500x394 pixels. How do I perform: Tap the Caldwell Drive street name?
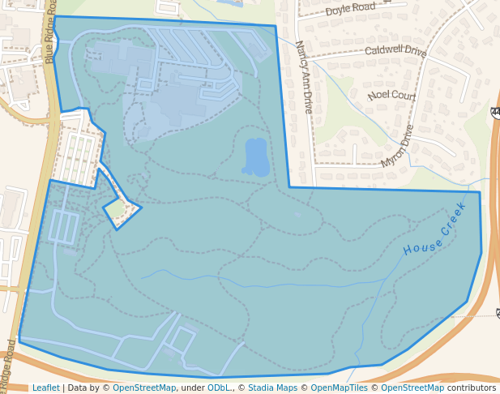pos(395,51)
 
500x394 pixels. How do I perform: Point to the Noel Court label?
pos(391,96)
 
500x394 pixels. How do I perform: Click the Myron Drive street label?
pos(397,146)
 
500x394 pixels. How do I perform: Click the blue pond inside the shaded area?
pos(255,156)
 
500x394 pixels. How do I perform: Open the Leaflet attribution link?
pos(45,388)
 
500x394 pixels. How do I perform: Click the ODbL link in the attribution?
pos(219,388)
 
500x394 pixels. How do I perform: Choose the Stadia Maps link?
pos(272,388)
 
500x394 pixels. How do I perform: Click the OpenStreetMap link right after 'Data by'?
pos(144,388)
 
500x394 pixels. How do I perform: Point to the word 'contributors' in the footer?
pos(472,388)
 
